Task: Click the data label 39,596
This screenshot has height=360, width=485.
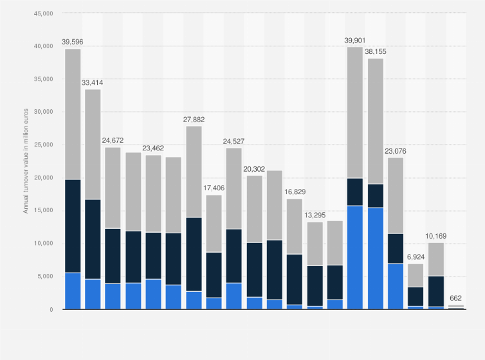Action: click(73, 42)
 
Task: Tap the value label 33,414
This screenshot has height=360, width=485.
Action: click(93, 83)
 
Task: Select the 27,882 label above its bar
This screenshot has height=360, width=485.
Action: click(194, 120)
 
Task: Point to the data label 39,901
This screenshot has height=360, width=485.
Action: click(354, 40)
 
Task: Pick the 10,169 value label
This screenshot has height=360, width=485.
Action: click(435, 236)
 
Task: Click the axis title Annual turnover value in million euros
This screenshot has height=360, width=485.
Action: click(26, 161)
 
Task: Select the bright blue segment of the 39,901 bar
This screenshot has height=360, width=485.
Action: click(354, 257)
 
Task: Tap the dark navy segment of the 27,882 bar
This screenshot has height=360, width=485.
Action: click(194, 254)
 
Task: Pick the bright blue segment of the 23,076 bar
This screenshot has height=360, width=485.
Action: click(395, 286)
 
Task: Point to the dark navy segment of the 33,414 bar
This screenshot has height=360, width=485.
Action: click(93, 239)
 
